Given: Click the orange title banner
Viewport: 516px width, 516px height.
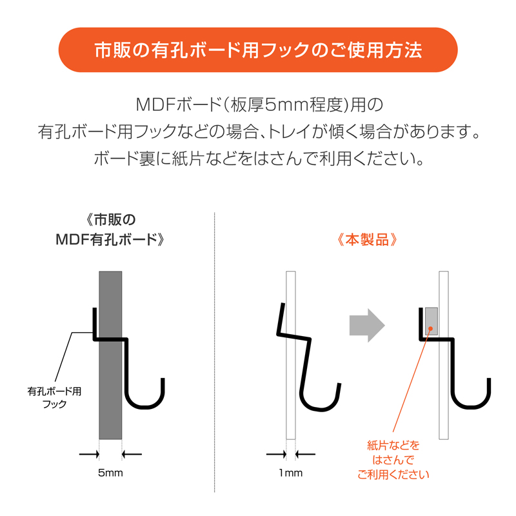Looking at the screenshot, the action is click(258, 50).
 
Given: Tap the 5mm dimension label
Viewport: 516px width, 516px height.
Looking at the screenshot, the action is click(110, 473).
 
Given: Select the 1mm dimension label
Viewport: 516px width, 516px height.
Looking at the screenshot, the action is click(291, 473).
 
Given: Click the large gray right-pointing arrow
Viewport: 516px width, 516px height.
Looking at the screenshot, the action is click(367, 325).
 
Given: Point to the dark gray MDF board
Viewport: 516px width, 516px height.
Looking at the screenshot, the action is click(110, 355).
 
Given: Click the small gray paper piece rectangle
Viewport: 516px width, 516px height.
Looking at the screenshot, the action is click(432, 321).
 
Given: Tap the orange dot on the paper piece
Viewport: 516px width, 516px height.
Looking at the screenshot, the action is click(430, 328).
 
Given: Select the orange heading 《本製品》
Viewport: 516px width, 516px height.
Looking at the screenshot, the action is click(367, 239).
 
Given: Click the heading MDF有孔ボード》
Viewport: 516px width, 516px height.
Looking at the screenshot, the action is click(110, 239).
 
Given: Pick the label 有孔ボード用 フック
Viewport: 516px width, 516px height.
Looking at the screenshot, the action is click(54, 397).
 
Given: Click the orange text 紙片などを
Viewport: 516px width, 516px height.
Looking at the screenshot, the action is click(393, 445).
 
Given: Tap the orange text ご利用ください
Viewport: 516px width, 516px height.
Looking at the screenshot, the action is click(393, 475).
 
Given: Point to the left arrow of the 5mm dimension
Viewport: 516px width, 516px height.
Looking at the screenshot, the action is click(89, 454).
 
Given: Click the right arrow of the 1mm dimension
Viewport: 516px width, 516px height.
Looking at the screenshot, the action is click(305, 454).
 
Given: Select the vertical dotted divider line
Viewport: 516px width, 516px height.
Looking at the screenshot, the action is click(215, 352).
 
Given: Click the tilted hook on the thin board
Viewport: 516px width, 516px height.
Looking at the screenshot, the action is click(308, 362).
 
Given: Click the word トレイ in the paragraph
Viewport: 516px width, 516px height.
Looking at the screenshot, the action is click(289, 132).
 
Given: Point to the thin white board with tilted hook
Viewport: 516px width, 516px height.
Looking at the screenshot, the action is click(291, 355).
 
